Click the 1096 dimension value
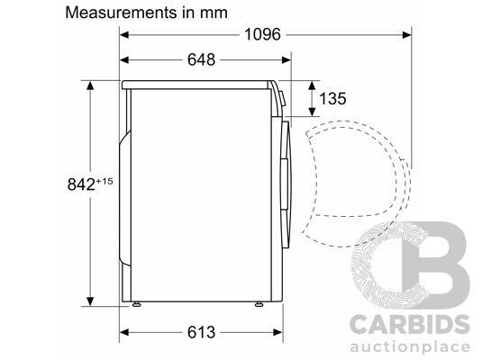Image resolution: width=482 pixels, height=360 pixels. tap(262, 34)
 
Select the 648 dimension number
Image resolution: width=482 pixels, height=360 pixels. tap(201, 59)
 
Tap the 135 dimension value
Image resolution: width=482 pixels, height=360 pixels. tap(332, 99)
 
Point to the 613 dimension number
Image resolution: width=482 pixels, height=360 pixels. tap(201, 332)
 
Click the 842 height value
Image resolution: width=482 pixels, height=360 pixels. tap(81, 184)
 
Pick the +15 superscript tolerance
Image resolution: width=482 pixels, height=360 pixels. tap(105, 181)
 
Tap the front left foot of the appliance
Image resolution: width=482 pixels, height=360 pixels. tap(259, 304)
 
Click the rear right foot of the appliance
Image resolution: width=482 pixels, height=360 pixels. tap(136, 304)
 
